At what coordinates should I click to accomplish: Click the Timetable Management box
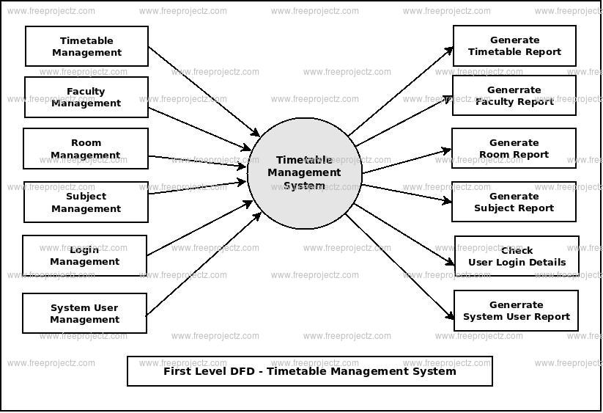(86, 46)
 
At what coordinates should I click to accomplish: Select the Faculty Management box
(86, 97)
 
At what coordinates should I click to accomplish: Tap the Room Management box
(86, 149)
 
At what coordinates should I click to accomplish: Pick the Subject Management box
(86, 202)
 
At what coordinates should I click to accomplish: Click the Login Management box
(84, 255)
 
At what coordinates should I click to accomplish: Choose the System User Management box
(84, 313)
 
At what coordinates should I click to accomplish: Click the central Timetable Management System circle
(304, 173)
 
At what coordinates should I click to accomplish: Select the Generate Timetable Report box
(514, 45)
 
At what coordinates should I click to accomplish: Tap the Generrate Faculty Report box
(514, 95)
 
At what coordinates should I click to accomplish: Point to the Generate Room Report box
(514, 148)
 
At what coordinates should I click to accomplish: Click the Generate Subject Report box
(514, 202)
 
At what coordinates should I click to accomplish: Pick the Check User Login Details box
(517, 256)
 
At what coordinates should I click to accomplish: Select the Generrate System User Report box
(516, 310)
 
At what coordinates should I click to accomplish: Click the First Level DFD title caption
(309, 371)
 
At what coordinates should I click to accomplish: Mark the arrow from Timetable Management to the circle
(204, 91)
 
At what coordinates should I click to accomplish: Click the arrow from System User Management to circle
(204, 263)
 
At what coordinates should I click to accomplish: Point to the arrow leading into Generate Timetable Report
(401, 92)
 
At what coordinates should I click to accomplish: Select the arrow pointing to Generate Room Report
(407, 161)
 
